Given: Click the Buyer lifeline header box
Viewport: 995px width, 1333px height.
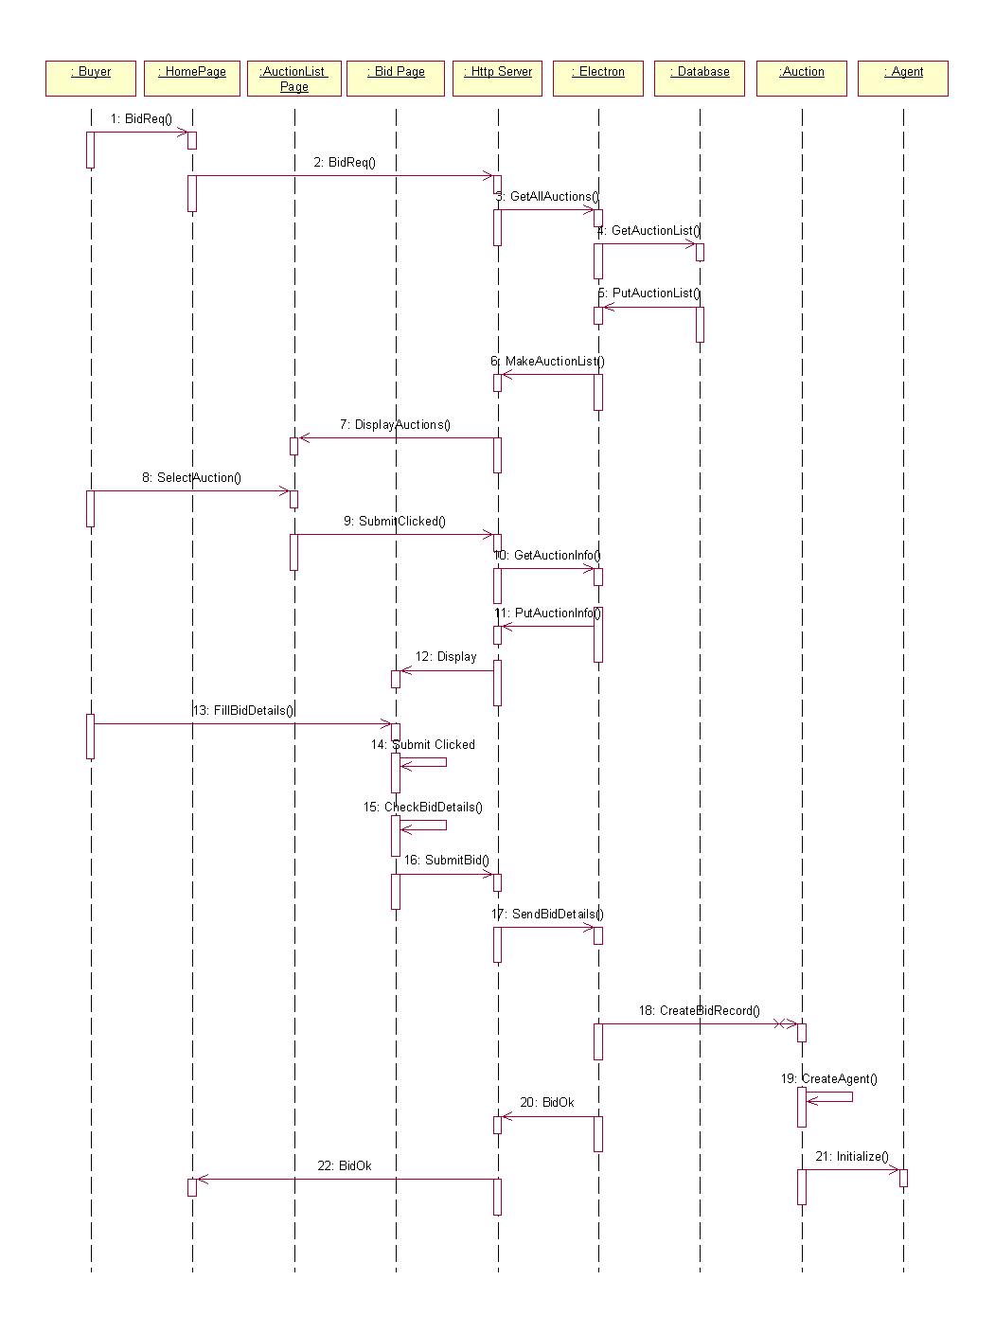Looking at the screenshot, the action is tap(91, 79).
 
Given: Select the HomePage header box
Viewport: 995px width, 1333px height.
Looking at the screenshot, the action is tap(192, 79).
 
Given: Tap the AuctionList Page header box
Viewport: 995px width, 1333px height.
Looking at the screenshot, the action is tap(294, 79).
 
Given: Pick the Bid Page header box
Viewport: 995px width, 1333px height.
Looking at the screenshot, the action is tap(396, 79).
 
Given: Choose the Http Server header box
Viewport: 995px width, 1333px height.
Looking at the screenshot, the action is tap(497, 79).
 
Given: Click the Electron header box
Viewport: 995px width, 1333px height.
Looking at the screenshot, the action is tap(598, 79).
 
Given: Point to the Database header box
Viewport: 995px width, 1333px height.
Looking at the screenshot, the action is tap(700, 79).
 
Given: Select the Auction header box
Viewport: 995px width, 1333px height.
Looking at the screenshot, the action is tap(801, 79).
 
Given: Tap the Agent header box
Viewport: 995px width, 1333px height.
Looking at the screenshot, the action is tap(903, 79).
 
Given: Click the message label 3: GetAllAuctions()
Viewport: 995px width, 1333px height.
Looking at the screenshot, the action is tap(547, 196).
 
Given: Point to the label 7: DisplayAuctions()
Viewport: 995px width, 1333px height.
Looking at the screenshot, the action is tap(395, 424).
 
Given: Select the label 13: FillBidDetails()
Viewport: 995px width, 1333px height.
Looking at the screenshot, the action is tap(243, 711).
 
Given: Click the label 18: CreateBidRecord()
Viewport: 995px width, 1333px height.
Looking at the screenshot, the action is tap(700, 1010).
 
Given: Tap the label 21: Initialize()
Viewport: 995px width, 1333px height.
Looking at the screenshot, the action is tap(852, 1156).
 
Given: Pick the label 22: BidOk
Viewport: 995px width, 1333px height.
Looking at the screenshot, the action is tap(345, 1165).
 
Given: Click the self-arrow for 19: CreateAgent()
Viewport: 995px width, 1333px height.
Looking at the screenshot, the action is tap(829, 1096).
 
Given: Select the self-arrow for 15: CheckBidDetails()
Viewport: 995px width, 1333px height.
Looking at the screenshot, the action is tap(423, 825).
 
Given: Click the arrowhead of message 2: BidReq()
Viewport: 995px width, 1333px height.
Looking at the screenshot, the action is tap(489, 176).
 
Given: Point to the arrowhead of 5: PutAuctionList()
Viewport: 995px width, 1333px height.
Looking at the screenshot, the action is tap(609, 308).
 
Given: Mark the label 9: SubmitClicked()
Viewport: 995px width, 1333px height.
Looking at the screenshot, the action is tap(395, 521).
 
